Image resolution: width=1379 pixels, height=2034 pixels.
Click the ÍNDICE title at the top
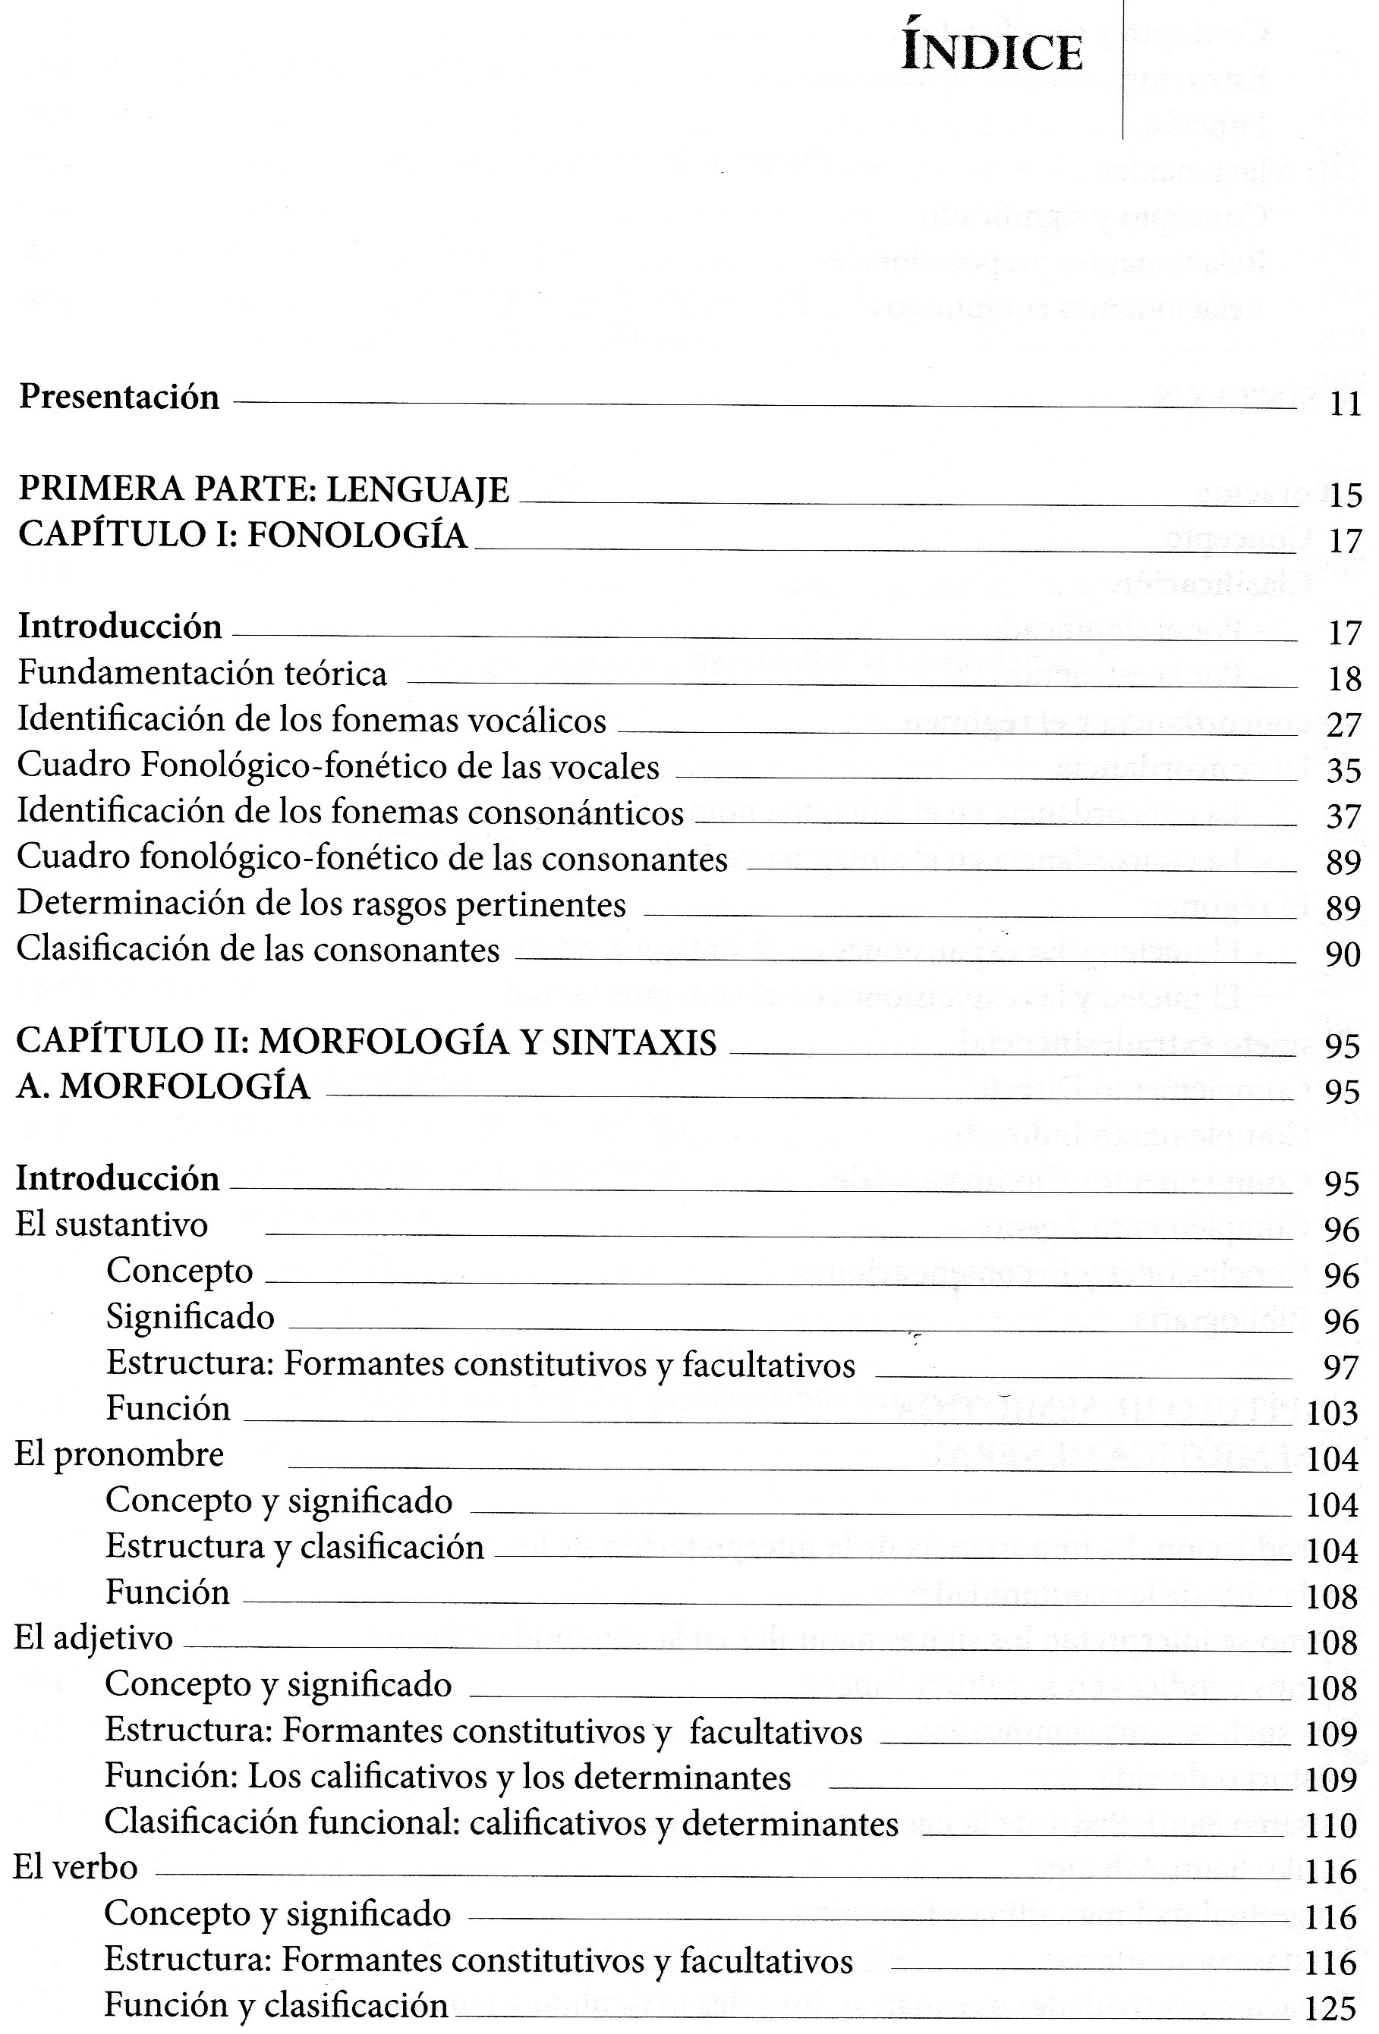(x=991, y=52)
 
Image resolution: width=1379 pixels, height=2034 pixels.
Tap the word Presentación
(x=119, y=398)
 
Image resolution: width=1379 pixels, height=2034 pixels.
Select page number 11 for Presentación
(x=1345, y=404)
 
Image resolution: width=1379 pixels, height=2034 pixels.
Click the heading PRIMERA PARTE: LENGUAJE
(x=263, y=489)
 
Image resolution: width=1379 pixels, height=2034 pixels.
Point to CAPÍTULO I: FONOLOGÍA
(x=243, y=535)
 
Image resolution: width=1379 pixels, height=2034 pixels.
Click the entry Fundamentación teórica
(x=202, y=673)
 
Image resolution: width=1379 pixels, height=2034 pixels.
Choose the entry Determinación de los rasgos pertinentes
(x=321, y=904)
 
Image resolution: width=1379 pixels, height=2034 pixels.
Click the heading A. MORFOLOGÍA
(x=163, y=1086)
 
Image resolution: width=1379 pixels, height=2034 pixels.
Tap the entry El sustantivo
(x=112, y=1224)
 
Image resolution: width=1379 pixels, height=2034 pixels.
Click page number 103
(x=1332, y=1413)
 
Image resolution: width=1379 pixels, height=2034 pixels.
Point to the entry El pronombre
(x=119, y=1454)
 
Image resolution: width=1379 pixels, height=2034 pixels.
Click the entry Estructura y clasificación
(x=294, y=1546)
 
